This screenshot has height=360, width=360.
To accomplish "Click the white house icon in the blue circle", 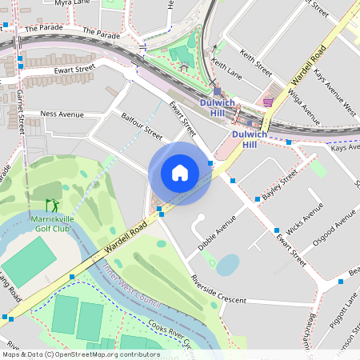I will click(180, 172).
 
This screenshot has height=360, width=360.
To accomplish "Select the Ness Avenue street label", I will click(62, 114).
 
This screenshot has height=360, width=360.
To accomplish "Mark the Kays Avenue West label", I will click(334, 89).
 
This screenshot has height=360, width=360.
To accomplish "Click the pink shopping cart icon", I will click(268, 102).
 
